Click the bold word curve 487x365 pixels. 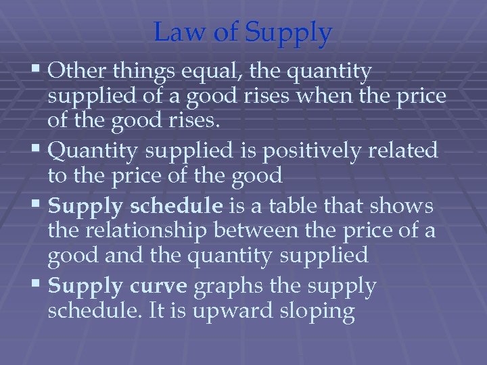point(158,287)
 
